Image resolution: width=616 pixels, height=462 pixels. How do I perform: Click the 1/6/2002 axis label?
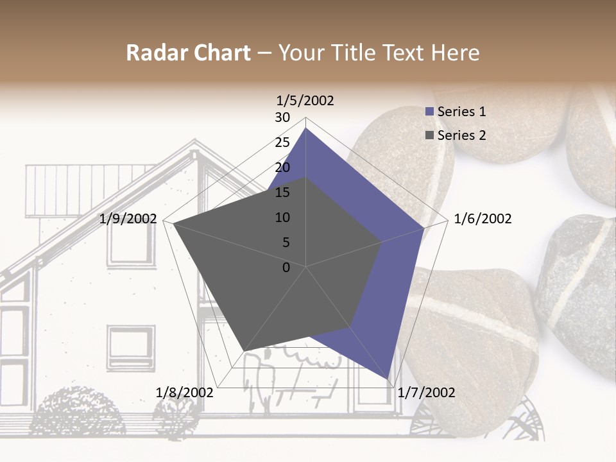483,219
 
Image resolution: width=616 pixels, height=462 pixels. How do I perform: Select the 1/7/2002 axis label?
426,393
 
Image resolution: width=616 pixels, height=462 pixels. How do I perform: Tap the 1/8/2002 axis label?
185,393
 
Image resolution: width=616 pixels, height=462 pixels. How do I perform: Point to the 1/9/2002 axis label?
128,219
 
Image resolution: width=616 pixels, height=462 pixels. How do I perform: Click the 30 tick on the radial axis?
282,117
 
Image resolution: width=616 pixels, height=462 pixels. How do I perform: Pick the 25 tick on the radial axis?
282,142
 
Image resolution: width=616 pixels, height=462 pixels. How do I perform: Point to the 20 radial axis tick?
282,167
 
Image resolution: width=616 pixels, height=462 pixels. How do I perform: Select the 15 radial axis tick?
282,193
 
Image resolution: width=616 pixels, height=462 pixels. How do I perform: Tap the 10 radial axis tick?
282,218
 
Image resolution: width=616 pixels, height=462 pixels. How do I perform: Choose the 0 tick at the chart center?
286,268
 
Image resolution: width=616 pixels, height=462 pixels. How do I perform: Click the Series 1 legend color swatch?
430,112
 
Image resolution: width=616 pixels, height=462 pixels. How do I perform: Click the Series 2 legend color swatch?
430,135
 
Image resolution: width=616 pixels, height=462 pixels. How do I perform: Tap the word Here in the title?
456,53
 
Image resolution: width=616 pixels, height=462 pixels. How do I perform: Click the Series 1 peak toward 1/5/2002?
305,128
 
